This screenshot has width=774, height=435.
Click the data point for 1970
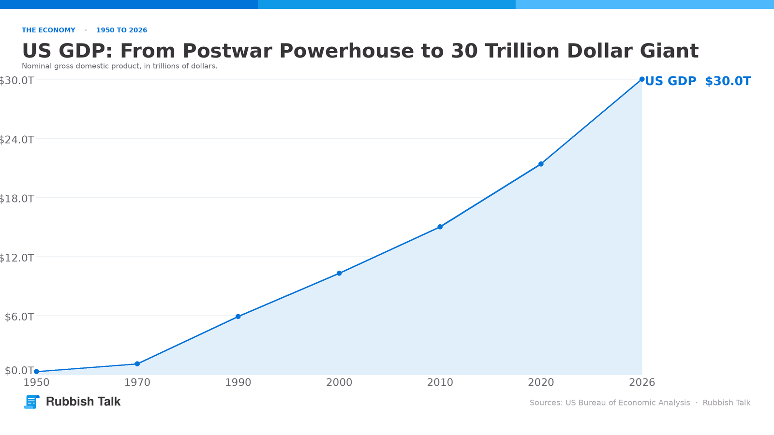tap(137, 364)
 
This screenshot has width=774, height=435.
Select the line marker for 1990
tap(238, 317)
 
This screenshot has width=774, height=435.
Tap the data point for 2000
tap(339, 274)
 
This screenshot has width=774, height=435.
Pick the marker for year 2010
tap(440, 227)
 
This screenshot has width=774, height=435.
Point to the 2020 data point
tap(541, 164)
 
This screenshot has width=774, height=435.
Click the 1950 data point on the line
tap(36, 372)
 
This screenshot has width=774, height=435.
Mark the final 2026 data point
tap(641, 79)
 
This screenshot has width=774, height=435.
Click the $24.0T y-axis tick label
tap(16, 140)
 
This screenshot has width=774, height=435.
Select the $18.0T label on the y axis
tap(16, 199)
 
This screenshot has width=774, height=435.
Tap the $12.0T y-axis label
tap(16, 258)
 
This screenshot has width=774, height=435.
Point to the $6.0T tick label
tap(19, 317)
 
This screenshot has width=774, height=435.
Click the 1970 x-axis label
tap(137, 382)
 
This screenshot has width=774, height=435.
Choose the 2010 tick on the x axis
tap(440, 382)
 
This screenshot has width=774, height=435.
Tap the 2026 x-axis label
tap(641, 382)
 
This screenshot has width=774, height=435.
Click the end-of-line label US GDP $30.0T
tap(698, 81)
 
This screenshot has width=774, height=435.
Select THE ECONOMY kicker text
tap(48, 30)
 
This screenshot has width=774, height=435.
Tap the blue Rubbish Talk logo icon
tap(31, 402)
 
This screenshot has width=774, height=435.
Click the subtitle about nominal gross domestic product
tap(119, 66)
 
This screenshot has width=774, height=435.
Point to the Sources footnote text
tap(640, 403)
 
